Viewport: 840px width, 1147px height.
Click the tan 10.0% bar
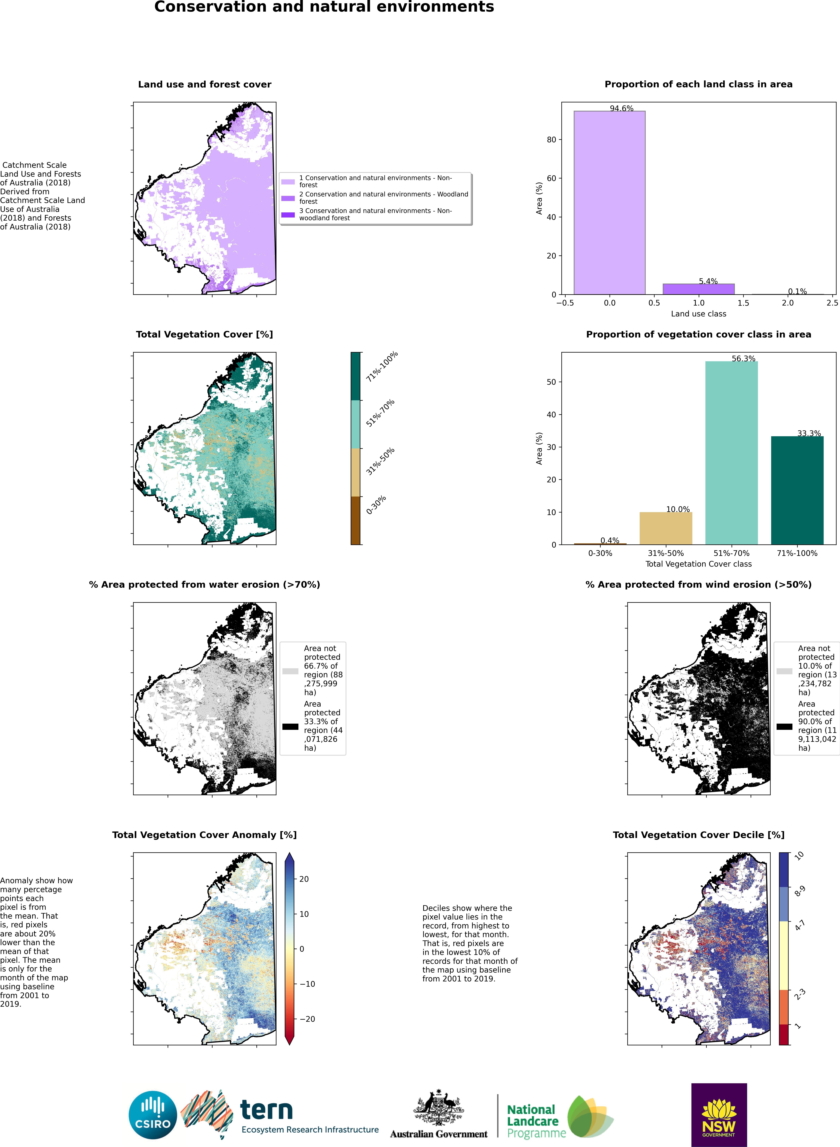(x=666, y=528)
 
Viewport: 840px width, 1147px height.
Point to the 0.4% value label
(x=610, y=540)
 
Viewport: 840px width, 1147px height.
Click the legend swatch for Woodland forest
(x=288, y=198)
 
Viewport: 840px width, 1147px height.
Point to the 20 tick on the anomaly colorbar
(x=303, y=879)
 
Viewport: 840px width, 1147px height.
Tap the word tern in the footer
(x=266, y=1110)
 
